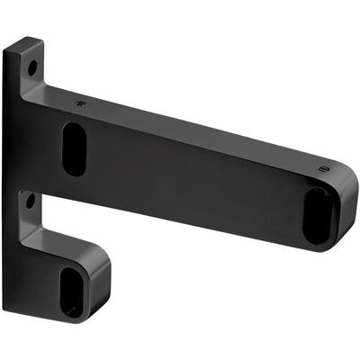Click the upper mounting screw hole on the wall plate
coord(33,67)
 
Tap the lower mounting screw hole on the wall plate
coord(31,197)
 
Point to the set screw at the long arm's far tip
coord(320,167)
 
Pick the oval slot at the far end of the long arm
coord(316,215)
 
